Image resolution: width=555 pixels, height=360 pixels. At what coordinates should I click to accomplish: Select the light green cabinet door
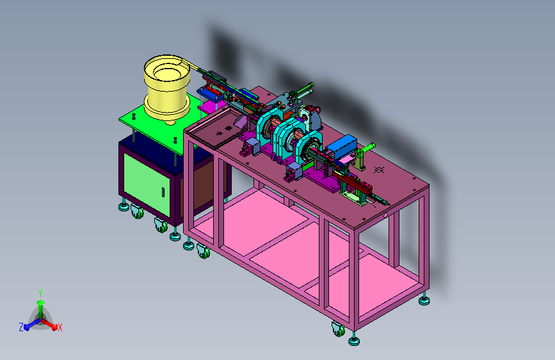(x=147, y=184)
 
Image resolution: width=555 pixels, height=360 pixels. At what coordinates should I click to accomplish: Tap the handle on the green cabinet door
(x=163, y=192)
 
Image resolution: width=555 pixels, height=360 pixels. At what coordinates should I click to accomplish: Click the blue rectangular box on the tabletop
(x=341, y=146)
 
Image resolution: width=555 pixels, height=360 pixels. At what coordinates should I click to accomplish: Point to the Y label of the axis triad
(x=40, y=293)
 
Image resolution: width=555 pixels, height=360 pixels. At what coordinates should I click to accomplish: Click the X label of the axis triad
(x=60, y=328)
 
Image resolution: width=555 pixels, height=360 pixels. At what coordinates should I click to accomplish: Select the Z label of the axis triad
(x=21, y=327)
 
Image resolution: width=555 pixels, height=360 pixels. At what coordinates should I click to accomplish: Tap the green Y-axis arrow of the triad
(x=41, y=308)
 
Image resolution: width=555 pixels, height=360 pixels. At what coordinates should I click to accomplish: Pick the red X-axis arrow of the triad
(x=49, y=324)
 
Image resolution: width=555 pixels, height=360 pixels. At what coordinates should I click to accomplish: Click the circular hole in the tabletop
(x=379, y=170)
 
